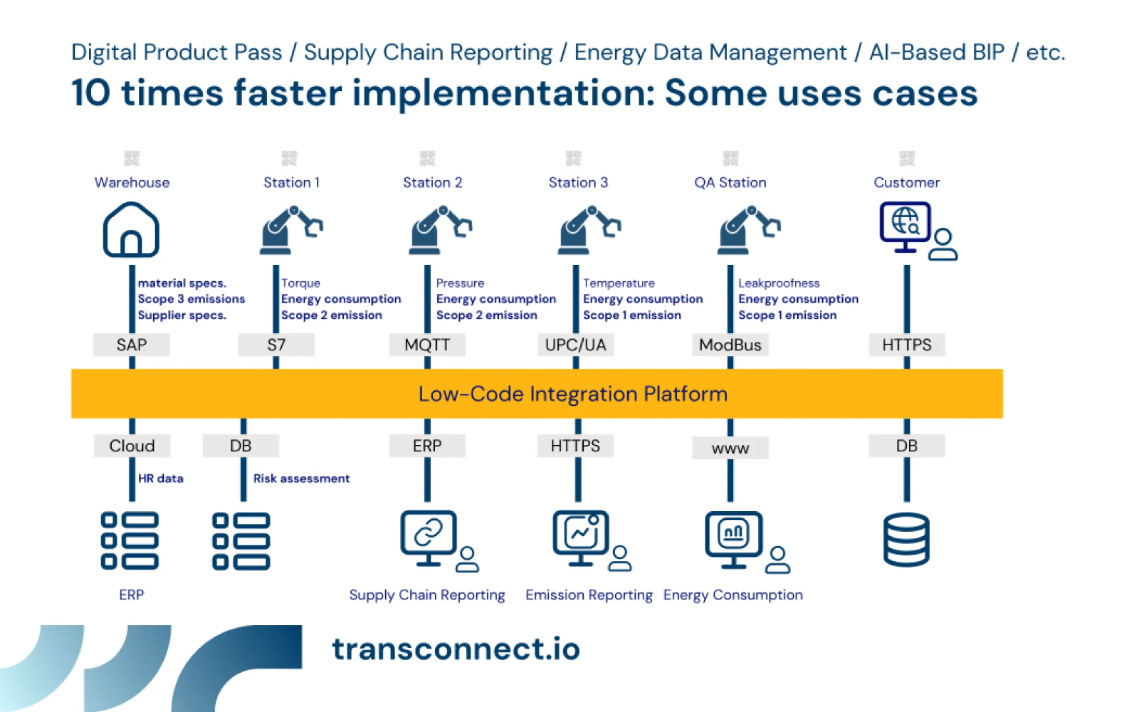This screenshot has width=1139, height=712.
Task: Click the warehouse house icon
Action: (x=131, y=230)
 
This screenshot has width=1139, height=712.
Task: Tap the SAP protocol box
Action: (x=131, y=345)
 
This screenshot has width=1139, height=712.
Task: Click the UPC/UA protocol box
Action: (x=575, y=345)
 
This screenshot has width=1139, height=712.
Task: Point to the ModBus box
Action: (x=730, y=345)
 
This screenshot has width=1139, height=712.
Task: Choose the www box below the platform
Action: (x=730, y=448)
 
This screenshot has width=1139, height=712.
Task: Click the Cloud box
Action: (x=132, y=445)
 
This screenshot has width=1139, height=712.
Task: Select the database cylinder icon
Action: (x=906, y=540)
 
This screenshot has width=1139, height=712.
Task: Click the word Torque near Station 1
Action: (x=300, y=283)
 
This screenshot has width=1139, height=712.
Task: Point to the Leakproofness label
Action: (x=779, y=283)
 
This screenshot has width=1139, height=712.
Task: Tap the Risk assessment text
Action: (x=301, y=478)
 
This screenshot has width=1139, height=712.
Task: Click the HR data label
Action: (x=161, y=478)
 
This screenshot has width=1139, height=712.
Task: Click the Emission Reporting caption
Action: (x=589, y=595)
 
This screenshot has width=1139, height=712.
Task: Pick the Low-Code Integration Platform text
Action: (x=572, y=394)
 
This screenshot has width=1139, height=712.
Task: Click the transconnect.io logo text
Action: (x=456, y=649)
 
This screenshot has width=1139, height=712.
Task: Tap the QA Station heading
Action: (x=730, y=182)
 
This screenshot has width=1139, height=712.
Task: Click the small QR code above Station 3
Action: (x=573, y=158)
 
